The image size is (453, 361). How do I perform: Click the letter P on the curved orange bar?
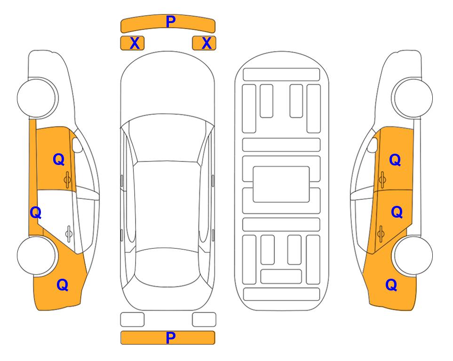(x=171, y=21)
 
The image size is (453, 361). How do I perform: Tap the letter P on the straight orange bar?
(x=171, y=337)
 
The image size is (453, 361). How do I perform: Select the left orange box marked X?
(x=132, y=43)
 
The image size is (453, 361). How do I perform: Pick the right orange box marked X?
(x=204, y=43)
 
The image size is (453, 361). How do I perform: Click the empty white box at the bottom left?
(x=132, y=320)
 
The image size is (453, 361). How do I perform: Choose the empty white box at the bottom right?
(x=204, y=320)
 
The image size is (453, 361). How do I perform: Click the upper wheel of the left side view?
(x=37, y=98)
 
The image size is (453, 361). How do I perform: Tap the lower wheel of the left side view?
(x=37, y=255)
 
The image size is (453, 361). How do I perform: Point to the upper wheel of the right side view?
(x=413, y=98)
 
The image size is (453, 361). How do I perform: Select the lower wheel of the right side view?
(x=413, y=255)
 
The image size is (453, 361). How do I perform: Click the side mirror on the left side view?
(x=77, y=145)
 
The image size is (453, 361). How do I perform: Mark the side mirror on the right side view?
(x=373, y=145)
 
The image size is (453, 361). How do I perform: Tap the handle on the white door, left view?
(x=69, y=233)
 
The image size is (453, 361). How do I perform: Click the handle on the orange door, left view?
(x=67, y=180)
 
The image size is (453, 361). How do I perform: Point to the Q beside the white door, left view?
(x=36, y=213)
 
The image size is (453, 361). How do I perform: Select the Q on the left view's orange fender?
(x=62, y=285)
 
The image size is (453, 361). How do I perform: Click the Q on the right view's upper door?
(x=395, y=160)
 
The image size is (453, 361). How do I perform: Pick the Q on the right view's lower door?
(x=397, y=212)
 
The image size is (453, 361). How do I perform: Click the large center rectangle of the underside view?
(x=281, y=184)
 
